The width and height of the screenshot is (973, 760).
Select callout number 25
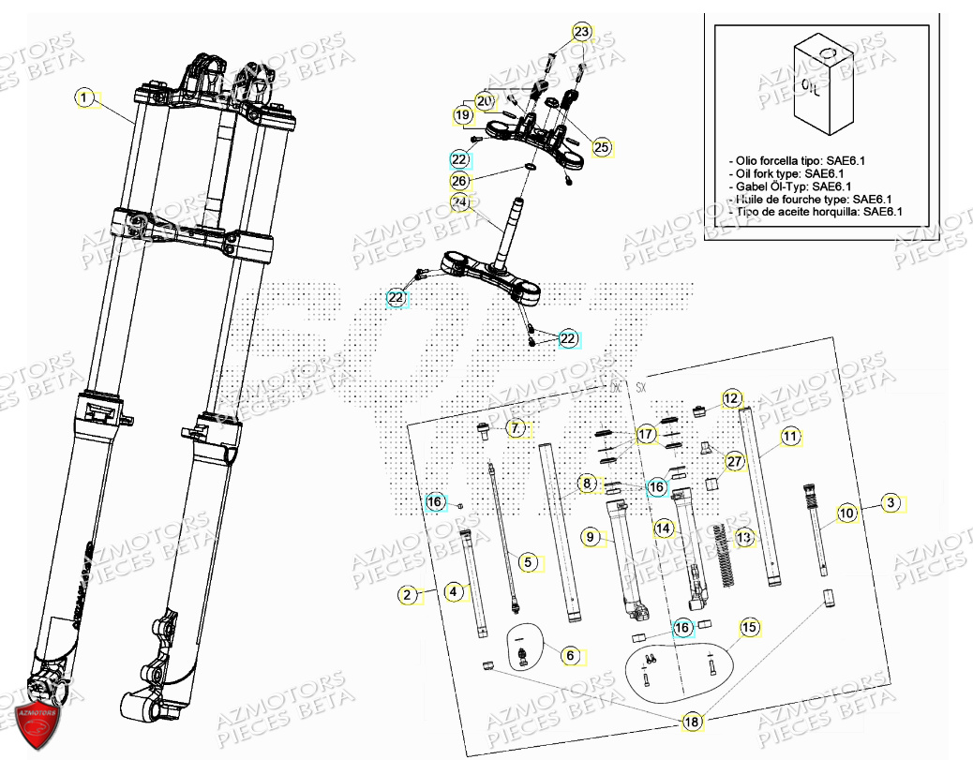601,147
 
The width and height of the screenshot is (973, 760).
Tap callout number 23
583,32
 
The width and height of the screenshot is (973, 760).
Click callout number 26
458,179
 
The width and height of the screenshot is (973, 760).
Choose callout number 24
458,202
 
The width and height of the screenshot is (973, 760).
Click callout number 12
731,398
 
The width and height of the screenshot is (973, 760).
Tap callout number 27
734,461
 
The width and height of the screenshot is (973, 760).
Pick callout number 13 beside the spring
743,538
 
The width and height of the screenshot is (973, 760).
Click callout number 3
892,503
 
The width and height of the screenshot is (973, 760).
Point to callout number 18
691,722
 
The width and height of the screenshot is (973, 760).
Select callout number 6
570,656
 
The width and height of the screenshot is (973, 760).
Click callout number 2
407,594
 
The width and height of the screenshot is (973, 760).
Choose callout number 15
748,627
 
